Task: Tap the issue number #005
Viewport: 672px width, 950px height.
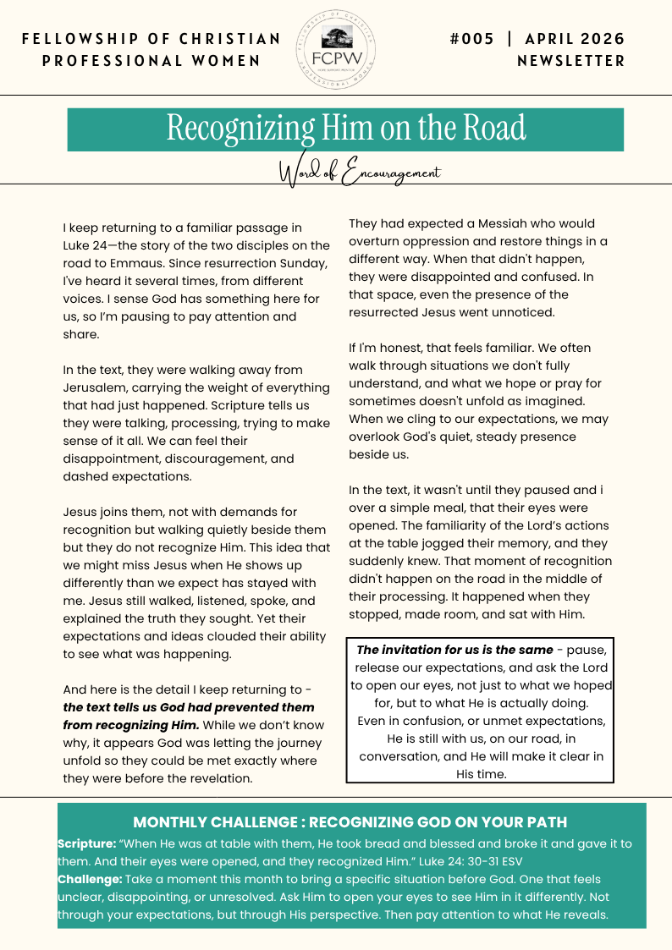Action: pos(471,39)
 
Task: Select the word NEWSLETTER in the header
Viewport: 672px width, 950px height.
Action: pos(571,61)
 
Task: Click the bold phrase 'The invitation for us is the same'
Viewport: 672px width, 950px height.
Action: pos(454,650)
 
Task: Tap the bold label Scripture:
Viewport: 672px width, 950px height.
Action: pos(85,843)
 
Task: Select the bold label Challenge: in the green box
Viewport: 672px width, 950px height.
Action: pos(90,879)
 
